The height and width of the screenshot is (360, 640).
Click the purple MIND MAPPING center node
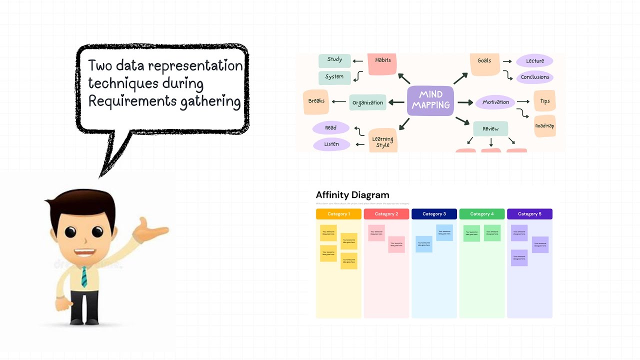tap(430, 100)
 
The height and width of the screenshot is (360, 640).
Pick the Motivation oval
tap(495, 102)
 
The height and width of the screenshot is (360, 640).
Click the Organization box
tap(367, 103)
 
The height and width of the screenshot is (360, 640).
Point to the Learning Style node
tap(383, 141)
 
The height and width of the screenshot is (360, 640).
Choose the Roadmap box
tap(544, 125)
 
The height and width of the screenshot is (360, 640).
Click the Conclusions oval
tap(534, 77)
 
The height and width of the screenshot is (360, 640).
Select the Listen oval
tap(331, 144)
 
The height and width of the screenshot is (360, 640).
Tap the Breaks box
tap(316, 101)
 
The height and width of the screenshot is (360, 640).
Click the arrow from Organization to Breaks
tap(339, 102)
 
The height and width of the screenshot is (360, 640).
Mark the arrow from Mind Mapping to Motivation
tap(465, 102)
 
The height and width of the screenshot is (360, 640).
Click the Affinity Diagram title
tap(352, 195)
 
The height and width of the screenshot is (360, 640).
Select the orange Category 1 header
tap(338, 214)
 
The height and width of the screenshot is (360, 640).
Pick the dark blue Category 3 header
tap(434, 214)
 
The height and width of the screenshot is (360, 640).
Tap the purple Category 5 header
tap(529, 214)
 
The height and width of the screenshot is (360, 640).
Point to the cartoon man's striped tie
tap(84, 276)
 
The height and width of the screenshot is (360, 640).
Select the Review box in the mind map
tap(490, 129)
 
